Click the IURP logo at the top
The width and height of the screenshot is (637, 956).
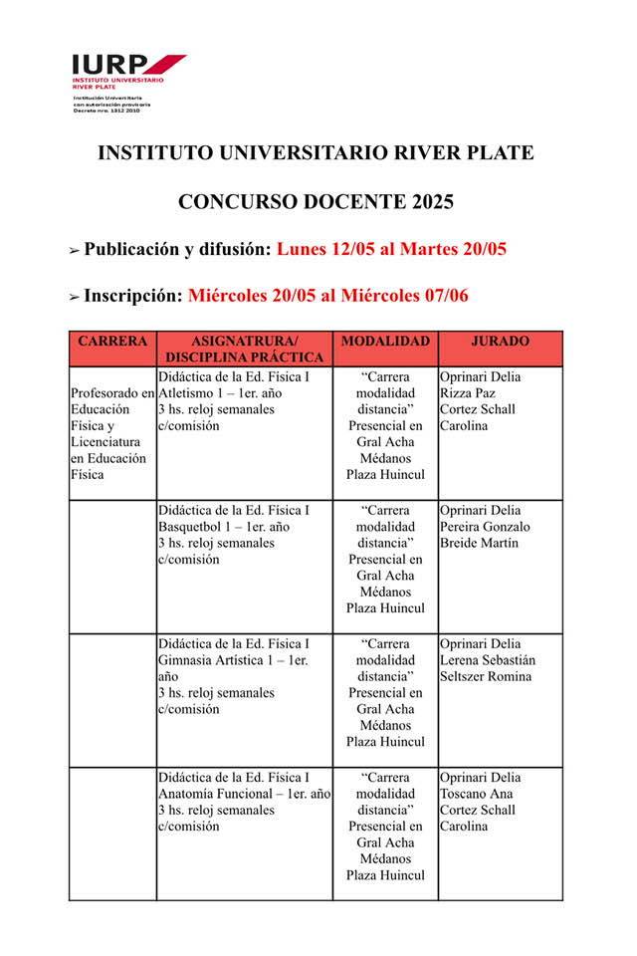(127, 66)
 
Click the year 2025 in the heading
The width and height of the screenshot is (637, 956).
(430, 202)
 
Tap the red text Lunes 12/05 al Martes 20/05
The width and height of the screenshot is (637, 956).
(392, 249)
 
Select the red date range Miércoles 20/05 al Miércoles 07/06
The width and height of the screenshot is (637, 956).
(327, 296)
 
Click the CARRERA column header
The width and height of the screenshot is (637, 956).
(112, 342)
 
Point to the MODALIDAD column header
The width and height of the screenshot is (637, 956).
(385, 342)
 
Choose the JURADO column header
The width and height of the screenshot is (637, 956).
(500, 342)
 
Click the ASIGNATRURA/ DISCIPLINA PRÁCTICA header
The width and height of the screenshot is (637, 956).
(244, 349)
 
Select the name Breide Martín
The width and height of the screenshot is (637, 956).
(478, 543)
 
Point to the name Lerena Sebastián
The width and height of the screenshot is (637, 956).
(487, 660)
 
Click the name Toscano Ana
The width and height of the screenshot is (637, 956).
(476, 794)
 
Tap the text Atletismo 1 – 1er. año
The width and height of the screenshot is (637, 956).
(220, 393)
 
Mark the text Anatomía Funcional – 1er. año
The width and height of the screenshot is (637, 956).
(244, 794)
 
